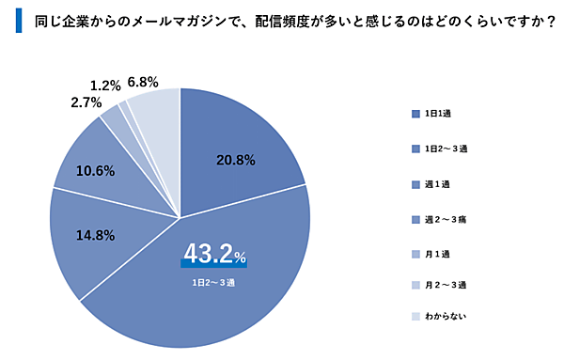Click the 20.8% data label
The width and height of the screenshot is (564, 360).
pos(234,161)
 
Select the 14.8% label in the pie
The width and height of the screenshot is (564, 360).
pos(96,236)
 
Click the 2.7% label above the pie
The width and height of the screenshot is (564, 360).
pos(86,101)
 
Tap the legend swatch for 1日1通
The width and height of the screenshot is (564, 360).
pos(415,115)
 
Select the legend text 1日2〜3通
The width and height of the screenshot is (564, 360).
pos(446,149)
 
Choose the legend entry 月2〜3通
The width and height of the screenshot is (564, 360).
pos(446,284)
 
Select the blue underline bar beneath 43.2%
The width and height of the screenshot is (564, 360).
pos(213,265)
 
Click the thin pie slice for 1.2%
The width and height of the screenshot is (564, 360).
pos(124,105)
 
